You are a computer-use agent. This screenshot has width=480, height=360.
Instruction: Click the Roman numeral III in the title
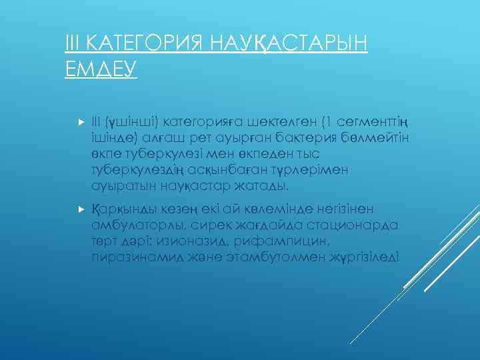[72, 44]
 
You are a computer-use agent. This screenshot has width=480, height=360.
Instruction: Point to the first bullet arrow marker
[79, 123]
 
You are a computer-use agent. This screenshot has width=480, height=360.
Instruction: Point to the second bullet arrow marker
[79, 209]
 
